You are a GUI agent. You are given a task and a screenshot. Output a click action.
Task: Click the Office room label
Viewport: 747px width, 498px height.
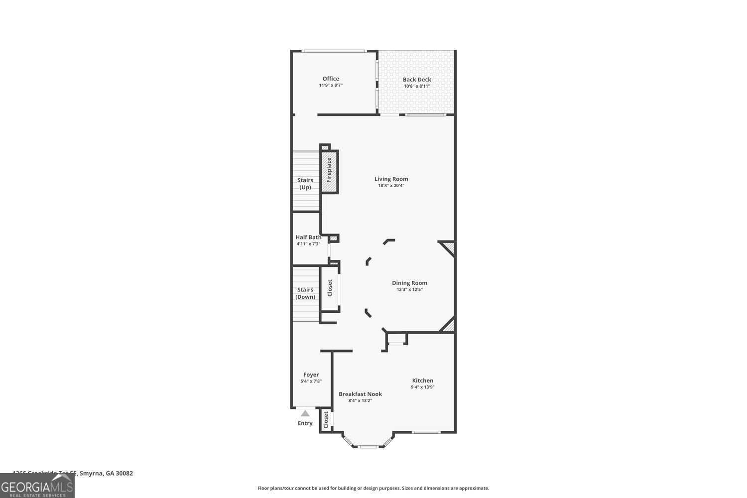331,79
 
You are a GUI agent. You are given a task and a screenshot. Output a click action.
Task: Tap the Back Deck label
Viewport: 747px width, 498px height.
417,80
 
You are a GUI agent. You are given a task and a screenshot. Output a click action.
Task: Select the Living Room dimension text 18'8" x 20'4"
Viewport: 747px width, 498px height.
391,186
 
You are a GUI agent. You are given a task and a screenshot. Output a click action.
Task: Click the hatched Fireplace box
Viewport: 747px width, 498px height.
329,171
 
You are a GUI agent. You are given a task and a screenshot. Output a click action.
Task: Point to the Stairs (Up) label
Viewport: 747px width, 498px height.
305,184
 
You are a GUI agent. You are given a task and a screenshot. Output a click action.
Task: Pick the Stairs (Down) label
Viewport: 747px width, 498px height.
305,293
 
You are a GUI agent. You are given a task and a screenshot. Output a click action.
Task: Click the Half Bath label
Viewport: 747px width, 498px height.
308,238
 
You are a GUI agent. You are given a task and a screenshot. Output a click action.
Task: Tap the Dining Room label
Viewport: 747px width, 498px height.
409,283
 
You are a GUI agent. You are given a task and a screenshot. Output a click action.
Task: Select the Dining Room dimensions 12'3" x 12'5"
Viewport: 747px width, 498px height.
409,289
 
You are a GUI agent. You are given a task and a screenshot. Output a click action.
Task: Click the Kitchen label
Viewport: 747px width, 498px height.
422,380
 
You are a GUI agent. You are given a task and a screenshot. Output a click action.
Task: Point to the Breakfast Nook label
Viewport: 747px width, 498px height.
360,394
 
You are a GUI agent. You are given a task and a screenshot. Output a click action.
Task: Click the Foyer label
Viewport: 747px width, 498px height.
311,375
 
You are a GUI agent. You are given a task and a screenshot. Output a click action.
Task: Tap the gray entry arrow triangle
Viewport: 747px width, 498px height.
305,413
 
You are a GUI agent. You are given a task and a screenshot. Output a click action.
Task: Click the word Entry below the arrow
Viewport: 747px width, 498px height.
305,423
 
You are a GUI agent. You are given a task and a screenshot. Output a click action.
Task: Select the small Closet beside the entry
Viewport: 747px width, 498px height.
326,420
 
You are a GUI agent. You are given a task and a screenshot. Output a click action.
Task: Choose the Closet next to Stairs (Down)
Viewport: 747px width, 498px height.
330,288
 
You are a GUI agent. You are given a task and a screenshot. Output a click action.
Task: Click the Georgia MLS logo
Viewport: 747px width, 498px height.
37,486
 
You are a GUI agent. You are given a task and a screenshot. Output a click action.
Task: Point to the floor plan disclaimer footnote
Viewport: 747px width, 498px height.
373,488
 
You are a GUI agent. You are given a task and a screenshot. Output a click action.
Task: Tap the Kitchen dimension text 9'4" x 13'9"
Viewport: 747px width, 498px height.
422,387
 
